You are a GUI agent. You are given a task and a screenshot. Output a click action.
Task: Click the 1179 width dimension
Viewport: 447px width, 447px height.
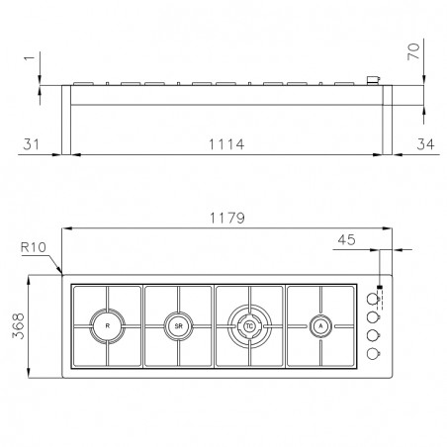pyautogui.click(x=227, y=218)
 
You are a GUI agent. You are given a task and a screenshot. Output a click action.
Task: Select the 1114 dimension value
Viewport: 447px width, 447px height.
pyautogui.click(x=226, y=144)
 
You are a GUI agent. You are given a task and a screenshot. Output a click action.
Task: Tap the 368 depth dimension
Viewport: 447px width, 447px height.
pyautogui.click(x=19, y=326)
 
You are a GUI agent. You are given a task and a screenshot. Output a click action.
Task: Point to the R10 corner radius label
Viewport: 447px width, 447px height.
pyautogui.click(x=34, y=247)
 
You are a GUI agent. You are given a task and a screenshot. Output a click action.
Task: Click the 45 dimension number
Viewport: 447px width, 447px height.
pyautogui.click(x=346, y=240)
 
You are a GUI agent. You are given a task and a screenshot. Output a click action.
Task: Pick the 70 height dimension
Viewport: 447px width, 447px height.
pyautogui.click(x=413, y=51)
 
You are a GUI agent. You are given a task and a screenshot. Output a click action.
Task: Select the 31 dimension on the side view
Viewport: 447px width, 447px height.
pyautogui.click(x=31, y=144)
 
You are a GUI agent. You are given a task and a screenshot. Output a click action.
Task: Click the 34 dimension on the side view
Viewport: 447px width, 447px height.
pyautogui.click(x=425, y=144)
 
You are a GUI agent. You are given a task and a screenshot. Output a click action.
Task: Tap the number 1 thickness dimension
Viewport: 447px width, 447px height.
pyautogui.click(x=30, y=58)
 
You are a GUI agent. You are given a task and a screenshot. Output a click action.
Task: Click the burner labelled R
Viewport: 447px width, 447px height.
pyautogui.click(x=108, y=326)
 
